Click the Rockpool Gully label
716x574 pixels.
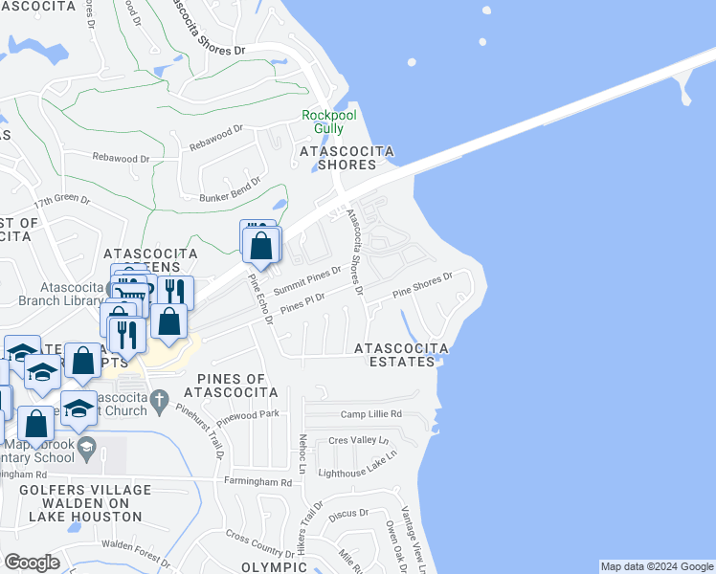point(328,121)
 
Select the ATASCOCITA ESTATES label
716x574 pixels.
point(401,354)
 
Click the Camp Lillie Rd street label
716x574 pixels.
point(371,414)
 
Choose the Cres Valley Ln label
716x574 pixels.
point(358,441)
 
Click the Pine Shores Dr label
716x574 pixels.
point(422,286)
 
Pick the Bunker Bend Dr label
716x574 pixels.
point(230,190)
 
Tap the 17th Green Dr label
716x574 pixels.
point(61,202)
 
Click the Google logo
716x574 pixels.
point(33,563)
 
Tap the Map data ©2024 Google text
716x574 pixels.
point(657,566)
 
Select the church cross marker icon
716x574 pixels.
point(160,397)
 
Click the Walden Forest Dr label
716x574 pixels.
point(136,545)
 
